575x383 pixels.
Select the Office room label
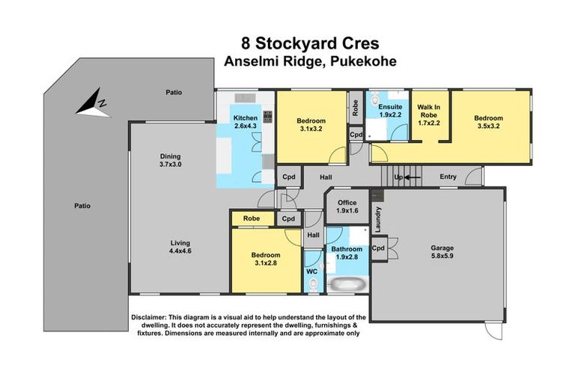(347, 203)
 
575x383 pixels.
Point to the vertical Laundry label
(379, 221)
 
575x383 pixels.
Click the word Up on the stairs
(398, 177)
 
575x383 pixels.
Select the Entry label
(448, 177)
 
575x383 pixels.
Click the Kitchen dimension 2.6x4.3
(246, 126)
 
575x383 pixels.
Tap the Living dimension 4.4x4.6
(179, 252)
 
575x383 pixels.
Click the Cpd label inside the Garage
(379, 248)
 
